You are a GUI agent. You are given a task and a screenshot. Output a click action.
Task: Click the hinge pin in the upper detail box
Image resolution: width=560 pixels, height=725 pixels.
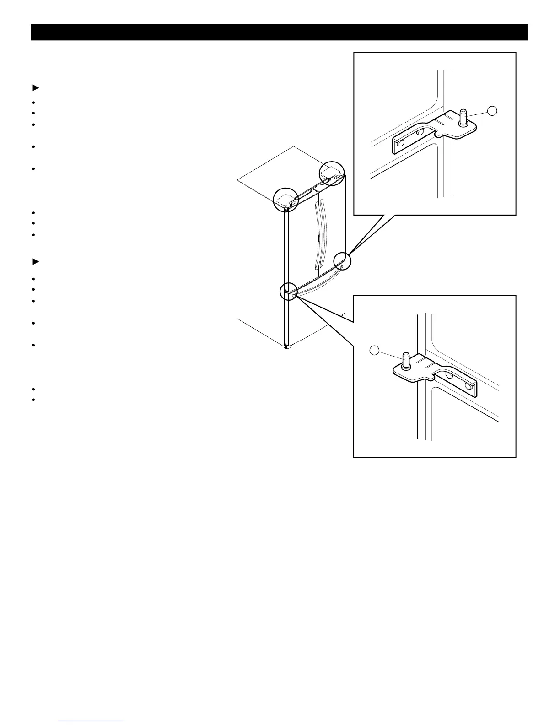click(x=462, y=116)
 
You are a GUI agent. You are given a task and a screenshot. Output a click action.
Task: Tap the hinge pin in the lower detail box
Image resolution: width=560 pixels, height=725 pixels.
click(x=405, y=360)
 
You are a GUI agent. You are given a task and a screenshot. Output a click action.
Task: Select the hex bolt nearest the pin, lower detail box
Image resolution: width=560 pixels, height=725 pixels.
click(x=449, y=374)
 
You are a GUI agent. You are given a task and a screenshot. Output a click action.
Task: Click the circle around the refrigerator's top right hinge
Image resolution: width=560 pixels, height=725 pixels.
click(x=332, y=173)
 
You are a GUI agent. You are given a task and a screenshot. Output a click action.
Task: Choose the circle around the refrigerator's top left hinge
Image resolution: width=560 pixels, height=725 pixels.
click(x=285, y=200)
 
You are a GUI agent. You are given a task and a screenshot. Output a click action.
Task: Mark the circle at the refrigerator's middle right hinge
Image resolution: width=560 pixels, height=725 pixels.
click(x=342, y=261)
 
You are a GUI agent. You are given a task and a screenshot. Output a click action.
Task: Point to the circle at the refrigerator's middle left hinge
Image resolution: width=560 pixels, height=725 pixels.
click(x=288, y=291)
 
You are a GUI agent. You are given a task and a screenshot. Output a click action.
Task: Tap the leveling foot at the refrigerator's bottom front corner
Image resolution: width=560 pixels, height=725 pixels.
click(x=287, y=347)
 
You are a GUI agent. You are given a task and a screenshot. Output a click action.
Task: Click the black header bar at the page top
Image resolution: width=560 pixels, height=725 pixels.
click(x=279, y=32)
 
